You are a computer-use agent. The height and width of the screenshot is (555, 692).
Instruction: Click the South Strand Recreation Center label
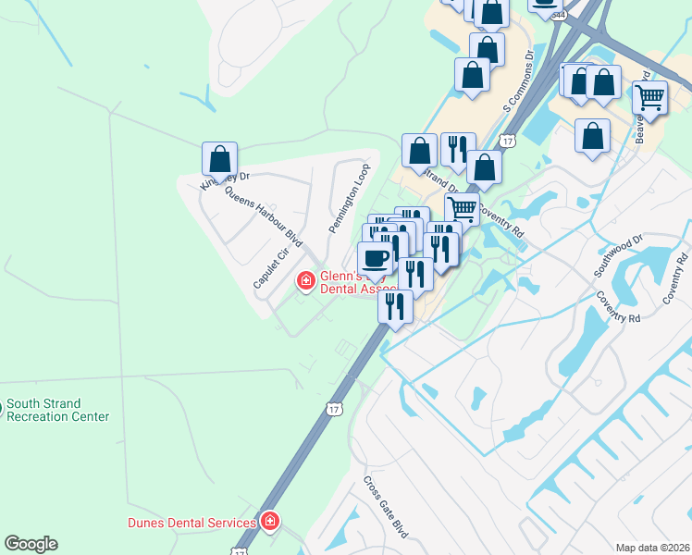pos(57,410)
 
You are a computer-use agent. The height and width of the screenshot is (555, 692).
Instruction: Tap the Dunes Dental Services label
pos(192,523)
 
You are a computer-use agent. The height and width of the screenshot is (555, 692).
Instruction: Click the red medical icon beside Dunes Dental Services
pos(270,523)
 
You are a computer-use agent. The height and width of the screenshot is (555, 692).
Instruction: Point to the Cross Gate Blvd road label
pos(386,508)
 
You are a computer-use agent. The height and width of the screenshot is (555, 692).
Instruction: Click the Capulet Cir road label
pos(272,268)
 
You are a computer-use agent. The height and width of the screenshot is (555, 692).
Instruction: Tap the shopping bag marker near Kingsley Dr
pos(220,159)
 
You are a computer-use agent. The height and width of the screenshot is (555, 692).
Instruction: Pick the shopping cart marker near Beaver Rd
pos(650,97)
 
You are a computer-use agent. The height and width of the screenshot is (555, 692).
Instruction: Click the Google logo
pos(31,544)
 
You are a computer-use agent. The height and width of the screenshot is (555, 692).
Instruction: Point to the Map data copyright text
pos(652,548)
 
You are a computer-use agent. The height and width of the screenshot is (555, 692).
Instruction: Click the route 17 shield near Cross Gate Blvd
pos(333,408)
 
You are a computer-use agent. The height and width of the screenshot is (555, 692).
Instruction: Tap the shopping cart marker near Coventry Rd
pos(462,208)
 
